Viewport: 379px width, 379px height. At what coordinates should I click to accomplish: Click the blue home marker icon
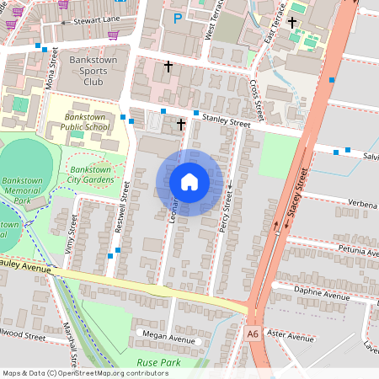click(x=189, y=182)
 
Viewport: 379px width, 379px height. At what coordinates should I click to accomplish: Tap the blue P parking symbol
click(x=177, y=17)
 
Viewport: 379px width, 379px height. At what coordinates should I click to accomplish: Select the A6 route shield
click(x=254, y=334)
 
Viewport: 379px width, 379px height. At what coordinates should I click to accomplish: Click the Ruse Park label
click(x=159, y=361)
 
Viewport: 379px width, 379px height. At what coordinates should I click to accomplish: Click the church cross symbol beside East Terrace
click(x=292, y=22)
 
